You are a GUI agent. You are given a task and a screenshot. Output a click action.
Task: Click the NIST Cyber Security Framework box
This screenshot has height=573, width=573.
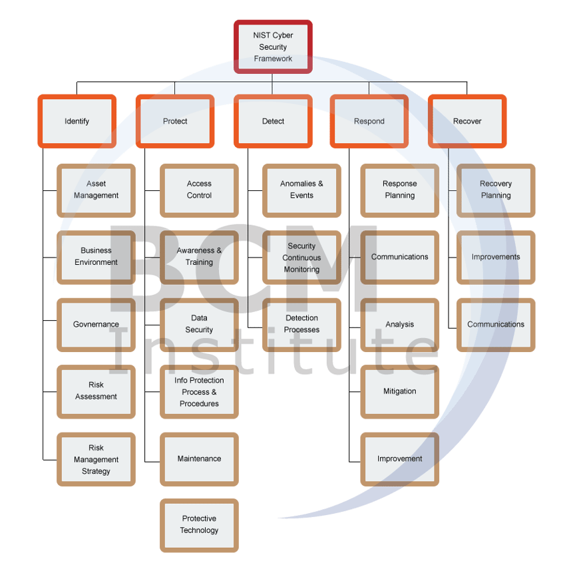[x=273, y=47]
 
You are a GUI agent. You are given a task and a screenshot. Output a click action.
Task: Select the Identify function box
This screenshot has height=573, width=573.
[x=77, y=121]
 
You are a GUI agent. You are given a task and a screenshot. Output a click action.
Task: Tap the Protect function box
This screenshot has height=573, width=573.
[x=175, y=121]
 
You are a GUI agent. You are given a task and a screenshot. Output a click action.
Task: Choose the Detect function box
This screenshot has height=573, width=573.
[x=273, y=121]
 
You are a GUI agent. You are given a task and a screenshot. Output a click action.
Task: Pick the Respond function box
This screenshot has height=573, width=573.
[x=369, y=121]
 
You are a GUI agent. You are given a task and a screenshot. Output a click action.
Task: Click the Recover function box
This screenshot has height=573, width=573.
[x=467, y=121]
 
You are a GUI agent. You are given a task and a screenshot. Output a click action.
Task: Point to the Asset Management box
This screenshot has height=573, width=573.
[x=96, y=190]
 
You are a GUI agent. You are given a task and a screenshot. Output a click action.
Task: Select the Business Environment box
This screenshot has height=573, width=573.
[x=96, y=257]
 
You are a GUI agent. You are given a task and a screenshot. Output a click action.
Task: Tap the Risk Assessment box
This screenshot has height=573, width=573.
[x=96, y=391]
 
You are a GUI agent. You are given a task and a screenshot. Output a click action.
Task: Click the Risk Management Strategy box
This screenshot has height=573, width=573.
[x=96, y=460]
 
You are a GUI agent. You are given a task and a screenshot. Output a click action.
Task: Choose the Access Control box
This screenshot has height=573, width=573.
[x=199, y=190]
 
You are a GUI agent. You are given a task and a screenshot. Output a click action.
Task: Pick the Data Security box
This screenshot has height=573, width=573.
[x=199, y=324]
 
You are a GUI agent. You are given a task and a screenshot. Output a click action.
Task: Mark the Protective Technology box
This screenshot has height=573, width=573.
[x=199, y=525]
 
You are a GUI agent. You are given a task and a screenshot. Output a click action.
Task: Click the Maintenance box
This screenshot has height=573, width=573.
[x=199, y=459]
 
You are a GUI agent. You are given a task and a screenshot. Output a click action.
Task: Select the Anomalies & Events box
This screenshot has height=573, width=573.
[x=301, y=190]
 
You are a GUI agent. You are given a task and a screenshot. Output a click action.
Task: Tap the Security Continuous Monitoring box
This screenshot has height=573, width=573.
[x=301, y=258]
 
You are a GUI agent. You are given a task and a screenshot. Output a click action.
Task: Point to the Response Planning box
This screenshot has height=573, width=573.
[x=400, y=190]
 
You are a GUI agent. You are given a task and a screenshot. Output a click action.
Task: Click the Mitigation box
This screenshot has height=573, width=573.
[x=400, y=391]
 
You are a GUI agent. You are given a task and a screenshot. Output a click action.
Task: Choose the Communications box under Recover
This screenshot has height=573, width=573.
[x=496, y=325]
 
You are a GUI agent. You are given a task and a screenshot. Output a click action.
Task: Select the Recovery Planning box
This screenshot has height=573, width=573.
[x=496, y=190]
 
